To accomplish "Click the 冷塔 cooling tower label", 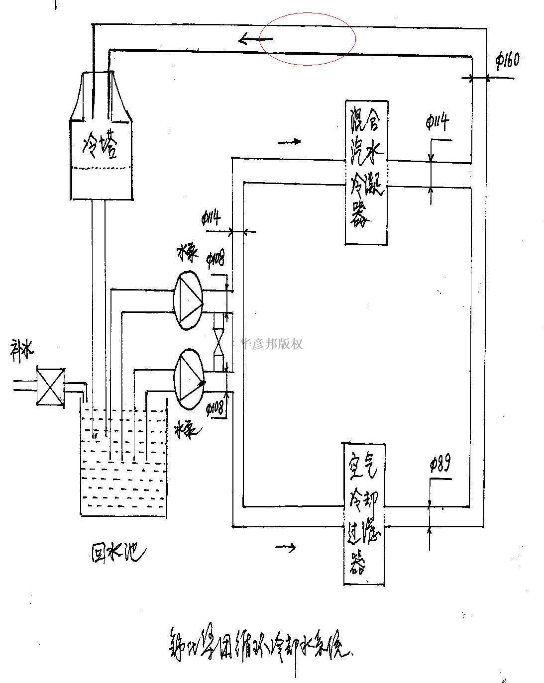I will [x=101, y=145].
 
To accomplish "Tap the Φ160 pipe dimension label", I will [x=508, y=60].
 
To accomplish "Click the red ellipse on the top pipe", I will [x=308, y=39].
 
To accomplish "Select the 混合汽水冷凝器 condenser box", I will [x=366, y=172].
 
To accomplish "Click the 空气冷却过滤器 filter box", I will [x=364, y=513].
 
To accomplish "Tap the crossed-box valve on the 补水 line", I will [x=50, y=387].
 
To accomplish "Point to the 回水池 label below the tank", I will [x=119, y=552].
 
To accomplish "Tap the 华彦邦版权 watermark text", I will [x=271, y=343].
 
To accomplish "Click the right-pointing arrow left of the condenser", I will [x=289, y=142].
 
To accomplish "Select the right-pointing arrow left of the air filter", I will [x=286, y=547].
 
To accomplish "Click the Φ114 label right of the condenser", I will [x=438, y=122].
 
